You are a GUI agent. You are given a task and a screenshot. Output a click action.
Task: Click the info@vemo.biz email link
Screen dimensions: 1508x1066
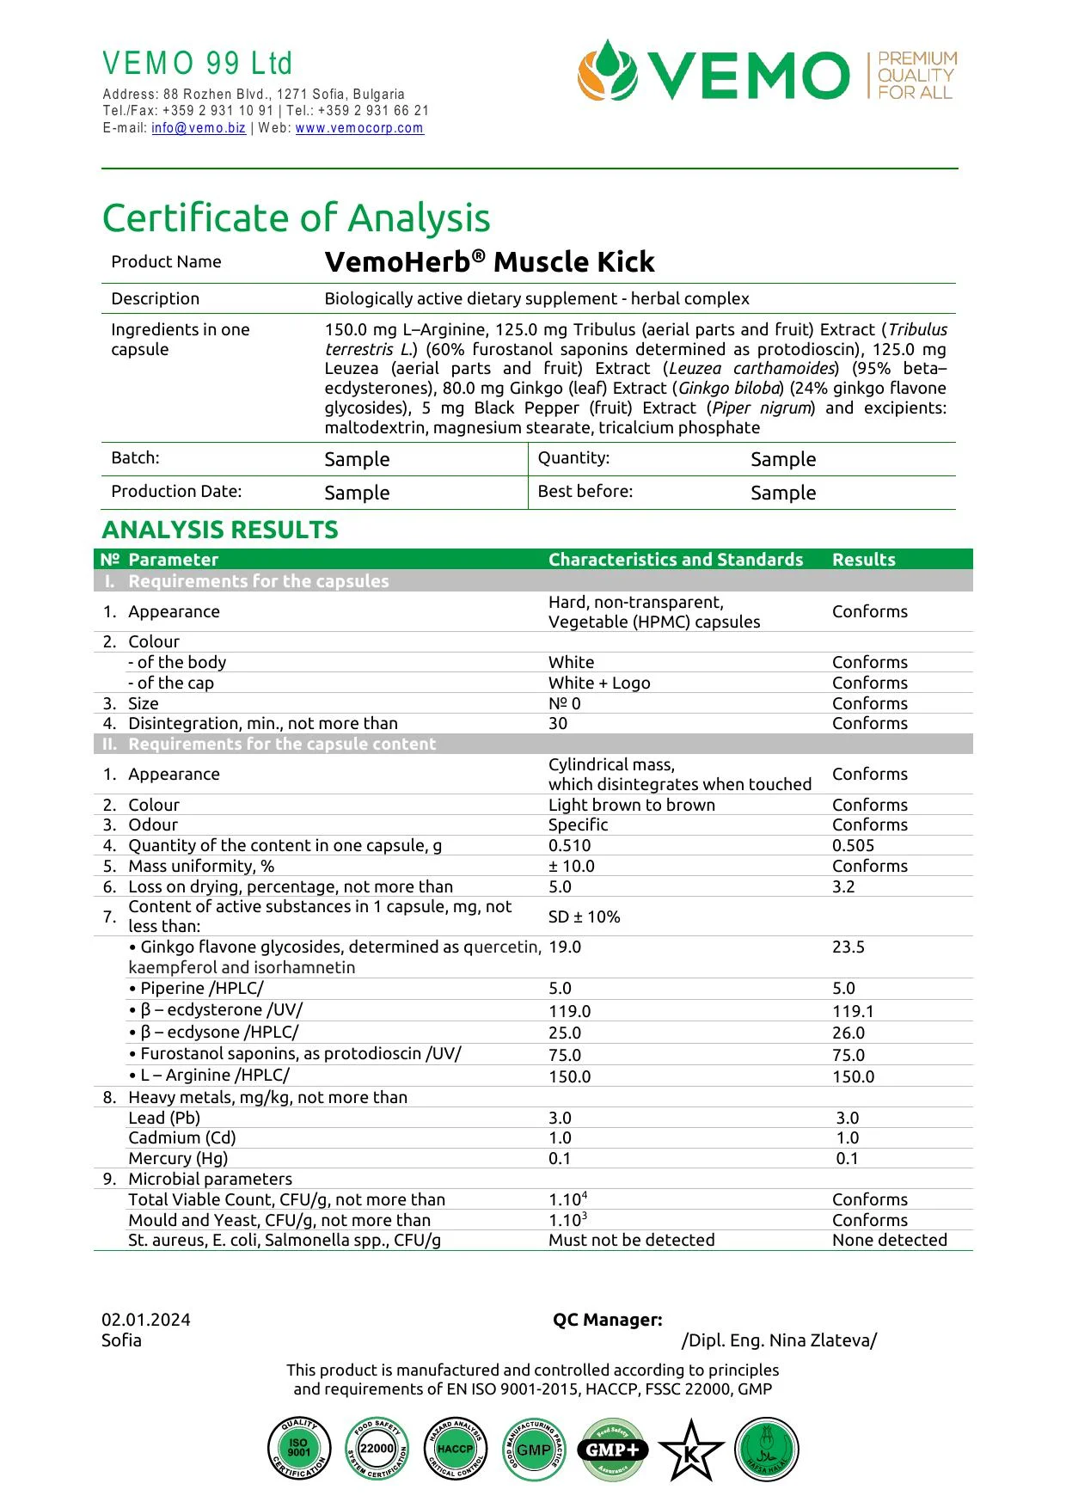pos(199,128)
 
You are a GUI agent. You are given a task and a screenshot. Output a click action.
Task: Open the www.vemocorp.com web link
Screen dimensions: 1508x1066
pos(359,128)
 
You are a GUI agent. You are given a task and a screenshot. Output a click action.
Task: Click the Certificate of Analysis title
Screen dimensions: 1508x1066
pos(296,218)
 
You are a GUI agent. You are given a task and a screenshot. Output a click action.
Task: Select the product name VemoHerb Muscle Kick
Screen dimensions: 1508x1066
pos(489,262)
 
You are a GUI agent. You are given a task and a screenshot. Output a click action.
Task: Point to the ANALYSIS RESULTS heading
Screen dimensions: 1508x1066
pos(220,530)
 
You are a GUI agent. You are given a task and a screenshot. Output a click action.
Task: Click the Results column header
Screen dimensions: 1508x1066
pos(863,560)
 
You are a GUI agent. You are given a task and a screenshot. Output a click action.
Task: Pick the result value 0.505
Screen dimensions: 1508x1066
pos(853,846)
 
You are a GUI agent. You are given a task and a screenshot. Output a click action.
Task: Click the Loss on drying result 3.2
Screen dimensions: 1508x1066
pos(843,887)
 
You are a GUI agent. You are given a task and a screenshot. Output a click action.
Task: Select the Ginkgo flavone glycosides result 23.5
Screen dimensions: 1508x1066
pos(848,947)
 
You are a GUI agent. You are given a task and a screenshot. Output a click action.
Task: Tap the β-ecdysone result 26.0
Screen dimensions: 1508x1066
pos(848,1033)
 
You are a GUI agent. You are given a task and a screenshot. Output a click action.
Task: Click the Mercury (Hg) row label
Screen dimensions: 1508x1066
pos(178,1159)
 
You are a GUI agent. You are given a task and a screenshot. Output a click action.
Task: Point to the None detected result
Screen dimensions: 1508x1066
pos(889,1241)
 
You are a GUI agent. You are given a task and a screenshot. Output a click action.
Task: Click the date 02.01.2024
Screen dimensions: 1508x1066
pos(146,1321)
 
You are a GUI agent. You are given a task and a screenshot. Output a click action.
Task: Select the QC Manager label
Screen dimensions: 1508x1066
pos(607,1321)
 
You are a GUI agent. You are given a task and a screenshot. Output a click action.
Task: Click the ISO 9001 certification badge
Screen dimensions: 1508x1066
pos(298,1449)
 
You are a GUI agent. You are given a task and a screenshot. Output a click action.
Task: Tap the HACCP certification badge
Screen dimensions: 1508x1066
pos(455,1449)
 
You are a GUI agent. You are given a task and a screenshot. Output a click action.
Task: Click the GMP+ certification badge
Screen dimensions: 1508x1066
pos(612,1450)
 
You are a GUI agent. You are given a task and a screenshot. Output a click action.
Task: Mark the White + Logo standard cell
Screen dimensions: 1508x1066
pos(599,684)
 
